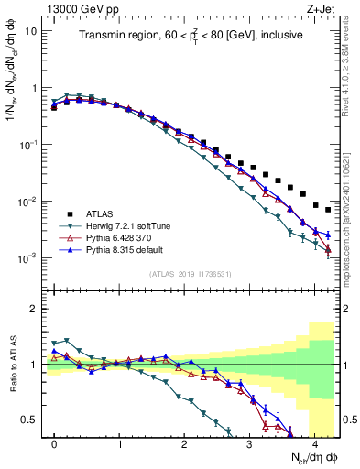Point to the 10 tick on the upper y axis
click(31, 31)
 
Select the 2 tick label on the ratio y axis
click(35, 309)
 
